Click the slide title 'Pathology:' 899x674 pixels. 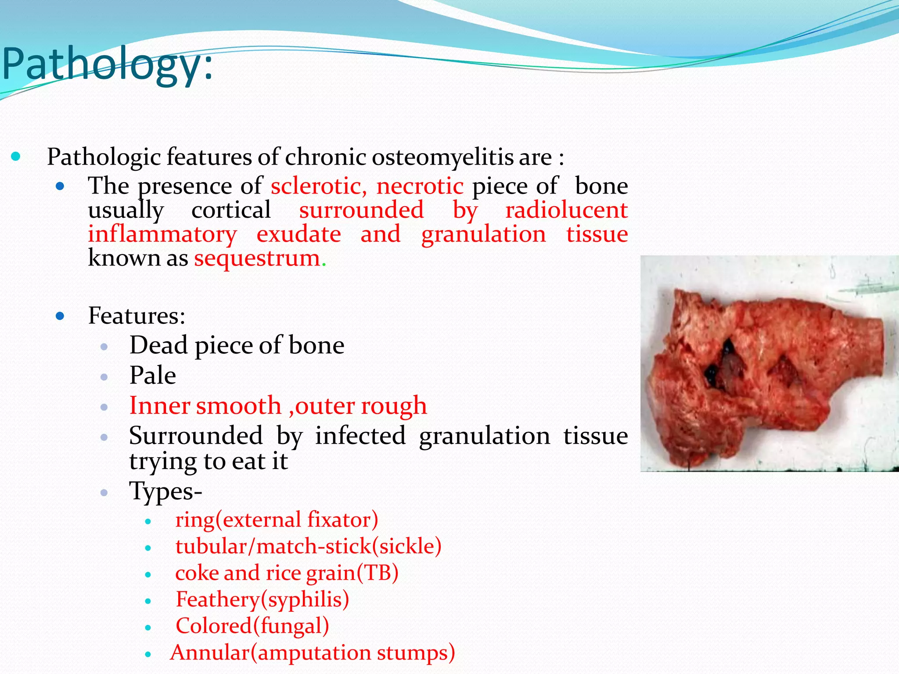pyautogui.click(x=108, y=65)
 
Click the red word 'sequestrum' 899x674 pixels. pyautogui.click(x=257, y=258)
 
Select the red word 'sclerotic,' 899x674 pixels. pyautogui.click(x=319, y=186)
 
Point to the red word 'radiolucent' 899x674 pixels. pyautogui.click(x=566, y=210)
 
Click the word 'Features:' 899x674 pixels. pyautogui.click(x=137, y=315)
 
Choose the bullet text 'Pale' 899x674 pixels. pyautogui.click(x=153, y=376)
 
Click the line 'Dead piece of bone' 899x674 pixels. pyautogui.click(x=237, y=345)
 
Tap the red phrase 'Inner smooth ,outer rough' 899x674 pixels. pyautogui.click(x=278, y=405)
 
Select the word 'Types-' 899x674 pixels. pyautogui.click(x=165, y=491)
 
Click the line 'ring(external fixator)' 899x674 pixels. pyautogui.click(x=277, y=520)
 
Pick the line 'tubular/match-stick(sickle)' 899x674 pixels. pyautogui.click(x=308, y=546)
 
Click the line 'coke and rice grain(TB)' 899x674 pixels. pyautogui.click(x=287, y=573)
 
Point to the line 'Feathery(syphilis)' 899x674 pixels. pyautogui.click(x=262, y=599)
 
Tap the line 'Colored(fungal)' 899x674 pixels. pyautogui.click(x=252, y=626)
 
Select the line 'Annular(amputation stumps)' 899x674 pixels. pyautogui.click(x=313, y=653)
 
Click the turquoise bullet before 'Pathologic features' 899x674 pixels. pyautogui.click(x=16, y=157)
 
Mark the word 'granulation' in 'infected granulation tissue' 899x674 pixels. pyautogui.click(x=484, y=436)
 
